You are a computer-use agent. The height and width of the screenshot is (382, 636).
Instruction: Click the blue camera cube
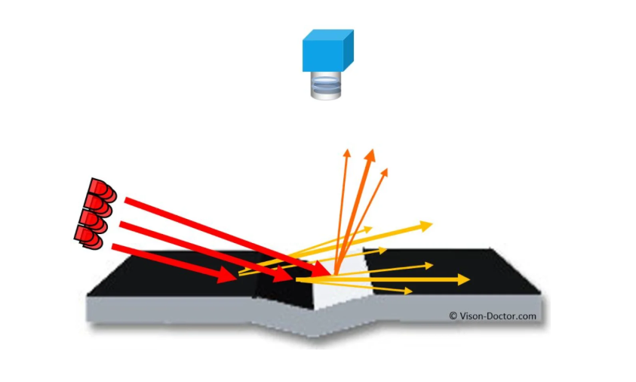pos(327,51)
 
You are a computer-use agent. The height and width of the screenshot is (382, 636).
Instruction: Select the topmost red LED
pos(101,189)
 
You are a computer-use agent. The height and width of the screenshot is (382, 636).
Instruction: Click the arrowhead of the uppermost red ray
pos(324,270)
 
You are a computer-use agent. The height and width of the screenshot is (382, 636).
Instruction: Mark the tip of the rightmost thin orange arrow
pos(387,170)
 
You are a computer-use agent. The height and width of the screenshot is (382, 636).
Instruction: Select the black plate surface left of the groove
pos(174,276)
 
